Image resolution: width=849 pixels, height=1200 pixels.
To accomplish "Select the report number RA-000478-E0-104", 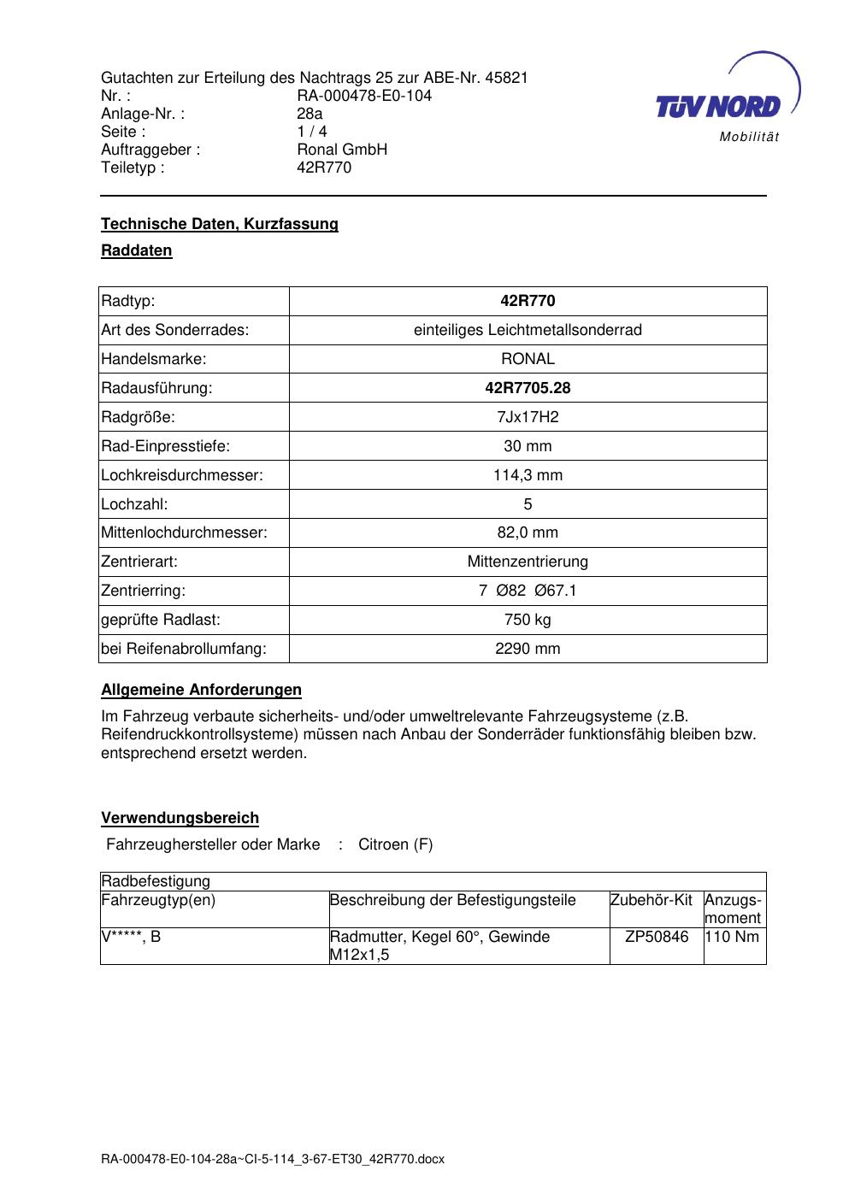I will click(x=364, y=96).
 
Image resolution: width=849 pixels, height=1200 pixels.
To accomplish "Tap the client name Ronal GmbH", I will click(x=342, y=150).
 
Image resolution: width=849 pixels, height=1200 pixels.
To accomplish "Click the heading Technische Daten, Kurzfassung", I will click(x=220, y=224).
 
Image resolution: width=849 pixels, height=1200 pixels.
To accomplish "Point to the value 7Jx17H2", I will click(x=528, y=417).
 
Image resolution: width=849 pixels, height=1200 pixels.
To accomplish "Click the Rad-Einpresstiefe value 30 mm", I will click(x=528, y=446).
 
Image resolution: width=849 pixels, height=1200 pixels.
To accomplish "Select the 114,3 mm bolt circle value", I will click(x=528, y=475).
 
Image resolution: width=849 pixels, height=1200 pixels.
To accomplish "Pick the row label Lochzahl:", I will click(x=134, y=504).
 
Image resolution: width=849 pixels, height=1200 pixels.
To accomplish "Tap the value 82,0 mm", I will click(x=528, y=532).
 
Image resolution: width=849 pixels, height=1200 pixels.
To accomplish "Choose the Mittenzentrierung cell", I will click(x=528, y=562).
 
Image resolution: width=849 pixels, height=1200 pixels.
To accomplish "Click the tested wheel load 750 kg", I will click(x=528, y=620).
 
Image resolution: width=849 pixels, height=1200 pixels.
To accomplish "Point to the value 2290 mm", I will click(x=528, y=649).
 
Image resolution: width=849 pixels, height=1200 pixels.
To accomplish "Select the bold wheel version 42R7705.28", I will click(x=528, y=388).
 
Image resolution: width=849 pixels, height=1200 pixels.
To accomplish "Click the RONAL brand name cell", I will click(x=528, y=359).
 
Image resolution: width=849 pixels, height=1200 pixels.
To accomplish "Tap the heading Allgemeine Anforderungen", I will click(x=201, y=690).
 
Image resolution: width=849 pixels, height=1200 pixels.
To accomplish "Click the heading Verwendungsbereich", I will click(x=180, y=818).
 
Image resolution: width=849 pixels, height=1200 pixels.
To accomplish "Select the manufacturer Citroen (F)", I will click(x=395, y=844).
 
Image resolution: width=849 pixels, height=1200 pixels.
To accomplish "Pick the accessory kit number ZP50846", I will click(x=657, y=937).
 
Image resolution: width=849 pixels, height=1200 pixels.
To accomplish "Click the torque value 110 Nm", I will click(x=734, y=937).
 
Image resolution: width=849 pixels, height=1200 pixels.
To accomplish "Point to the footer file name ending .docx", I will click(x=273, y=1160).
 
